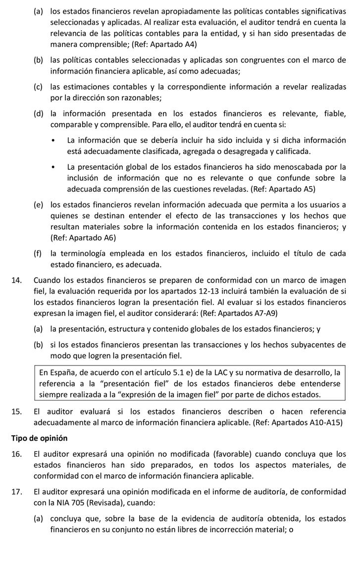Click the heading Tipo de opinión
pyautogui.click(x=39, y=438)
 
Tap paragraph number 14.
pyautogui.click(x=17, y=280)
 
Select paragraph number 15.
pyautogui.click(x=17, y=412)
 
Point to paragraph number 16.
pyautogui.click(x=17, y=454)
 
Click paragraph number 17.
pyautogui.click(x=17, y=492)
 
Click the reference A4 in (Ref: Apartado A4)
pyautogui.click(x=190, y=44)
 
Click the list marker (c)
pyautogui.click(x=38, y=87)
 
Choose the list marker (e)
pyautogui.click(x=38, y=205)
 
